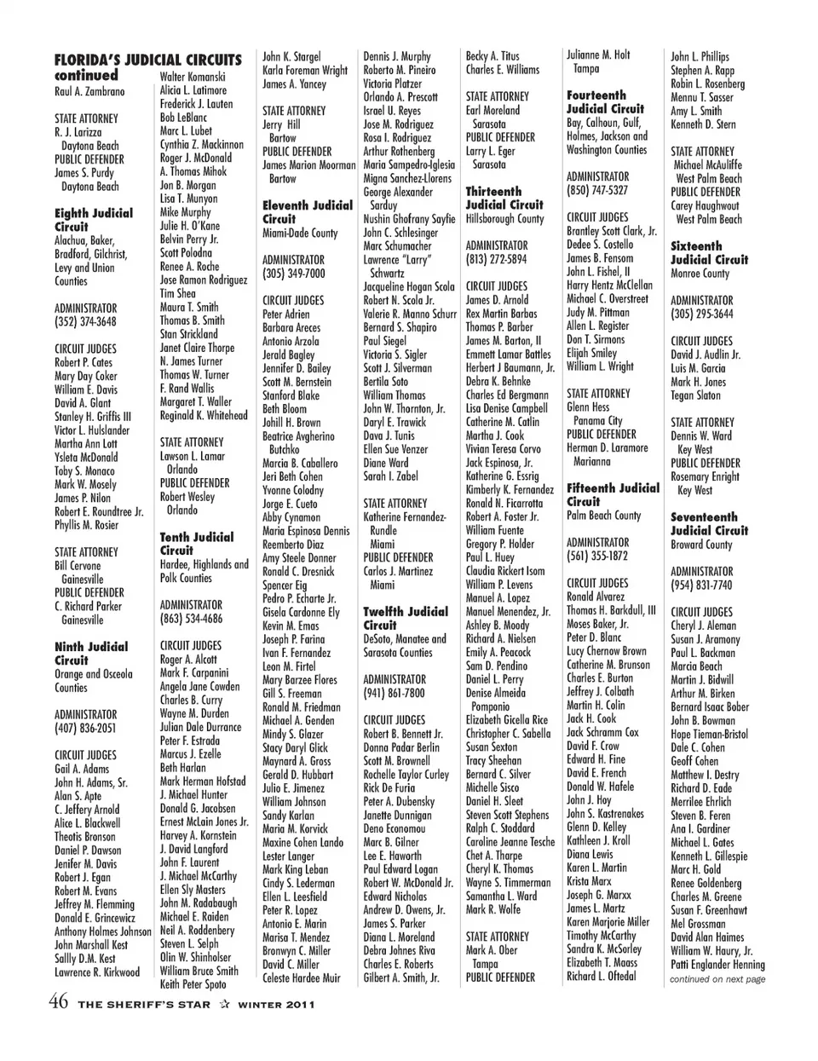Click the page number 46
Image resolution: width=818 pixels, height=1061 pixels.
coord(58,1001)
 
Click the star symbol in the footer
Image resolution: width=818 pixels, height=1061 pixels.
coord(225,1004)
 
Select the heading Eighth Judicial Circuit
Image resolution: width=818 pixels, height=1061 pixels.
coord(93,220)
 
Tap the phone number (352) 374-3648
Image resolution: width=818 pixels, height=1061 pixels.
coord(85,322)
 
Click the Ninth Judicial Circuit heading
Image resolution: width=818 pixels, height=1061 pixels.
coord(90,653)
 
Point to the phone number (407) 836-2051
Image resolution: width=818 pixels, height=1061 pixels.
coord(85,729)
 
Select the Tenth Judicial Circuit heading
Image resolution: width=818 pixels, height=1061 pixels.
coord(196,544)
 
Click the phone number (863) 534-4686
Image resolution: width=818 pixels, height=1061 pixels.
coord(191,619)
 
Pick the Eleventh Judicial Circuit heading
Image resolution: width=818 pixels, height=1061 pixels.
coord(307,212)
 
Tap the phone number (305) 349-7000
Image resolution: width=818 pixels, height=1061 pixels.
coord(294,274)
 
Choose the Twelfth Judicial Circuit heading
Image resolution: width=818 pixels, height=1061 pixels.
coord(405,618)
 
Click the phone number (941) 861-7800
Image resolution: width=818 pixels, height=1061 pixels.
coord(395,693)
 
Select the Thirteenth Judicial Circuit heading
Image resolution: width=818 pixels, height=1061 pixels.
coord(504,198)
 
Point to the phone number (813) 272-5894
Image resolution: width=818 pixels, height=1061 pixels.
coord(496,259)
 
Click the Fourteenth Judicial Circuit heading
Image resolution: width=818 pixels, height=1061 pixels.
coord(605,102)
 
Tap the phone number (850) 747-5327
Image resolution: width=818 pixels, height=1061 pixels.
coord(596,190)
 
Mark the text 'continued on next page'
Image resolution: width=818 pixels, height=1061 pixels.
coord(717,979)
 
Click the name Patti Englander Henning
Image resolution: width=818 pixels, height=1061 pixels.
coord(717,965)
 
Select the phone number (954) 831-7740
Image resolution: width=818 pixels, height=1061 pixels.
coord(701,585)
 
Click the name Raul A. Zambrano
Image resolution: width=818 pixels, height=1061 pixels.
coord(89,91)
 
